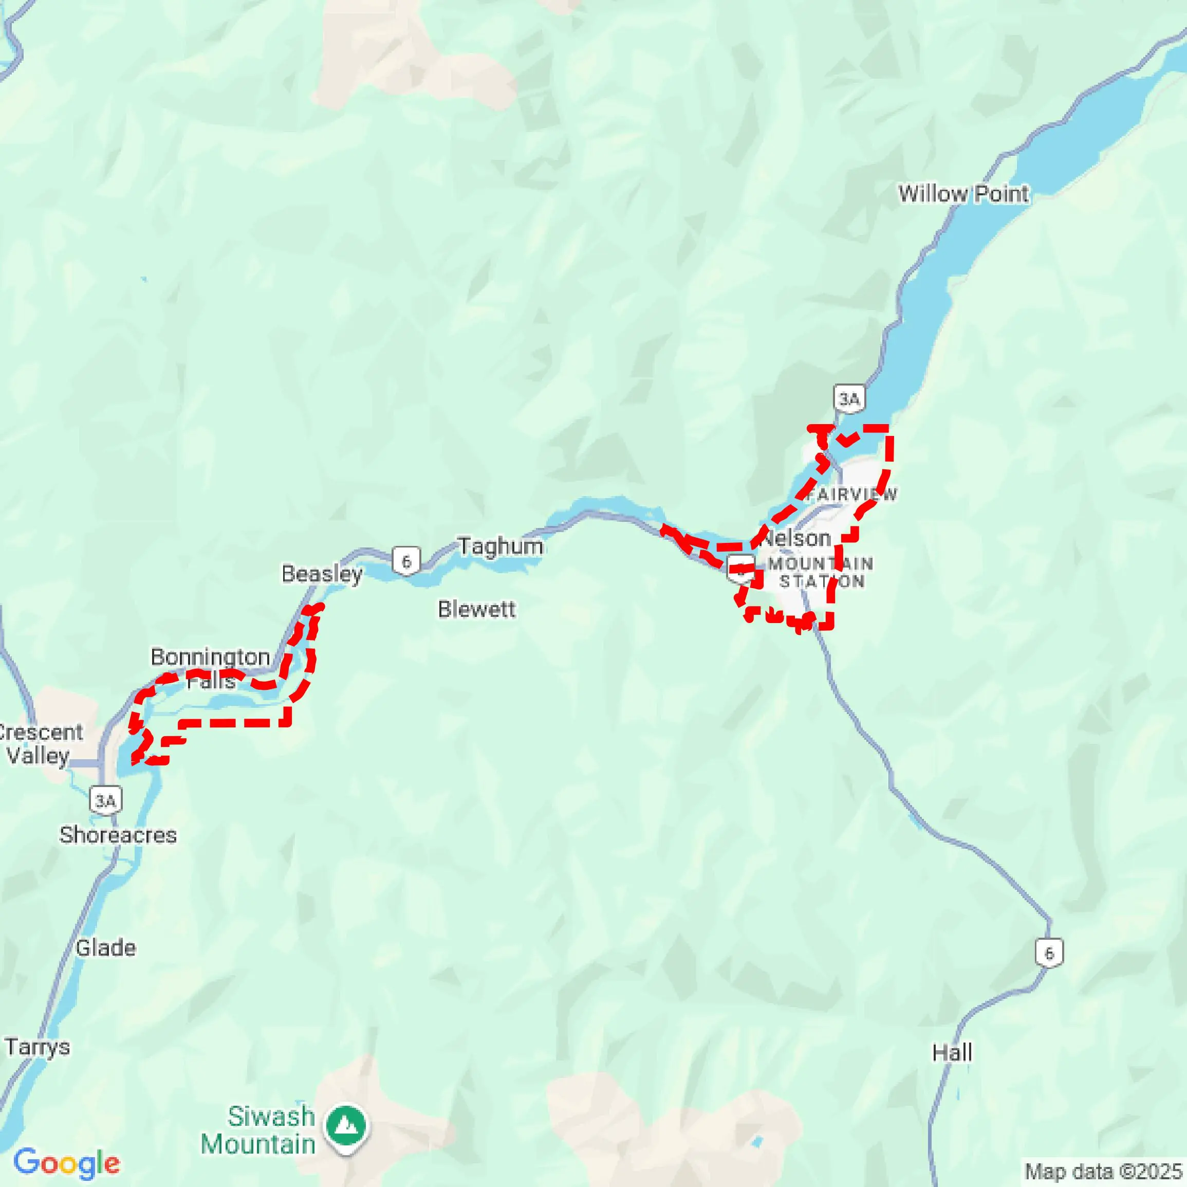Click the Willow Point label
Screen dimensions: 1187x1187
click(x=963, y=194)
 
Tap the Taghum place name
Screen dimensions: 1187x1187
click(x=500, y=546)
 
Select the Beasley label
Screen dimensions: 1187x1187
click(x=322, y=574)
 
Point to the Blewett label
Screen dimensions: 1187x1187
click(x=477, y=610)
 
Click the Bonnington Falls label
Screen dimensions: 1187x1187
click(x=210, y=669)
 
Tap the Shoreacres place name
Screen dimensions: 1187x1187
click(x=118, y=835)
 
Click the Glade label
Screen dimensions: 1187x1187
click(x=106, y=948)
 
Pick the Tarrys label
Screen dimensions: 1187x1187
click(x=38, y=1047)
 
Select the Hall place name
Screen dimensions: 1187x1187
click(x=952, y=1053)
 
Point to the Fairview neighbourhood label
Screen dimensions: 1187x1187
click(x=851, y=494)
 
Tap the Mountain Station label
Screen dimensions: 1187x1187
click(x=821, y=572)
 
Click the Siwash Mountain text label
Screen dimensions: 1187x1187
click(x=258, y=1130)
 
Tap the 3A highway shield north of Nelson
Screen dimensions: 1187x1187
click(x=849, y=399)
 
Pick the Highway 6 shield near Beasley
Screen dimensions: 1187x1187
click(x=406, y=561)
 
